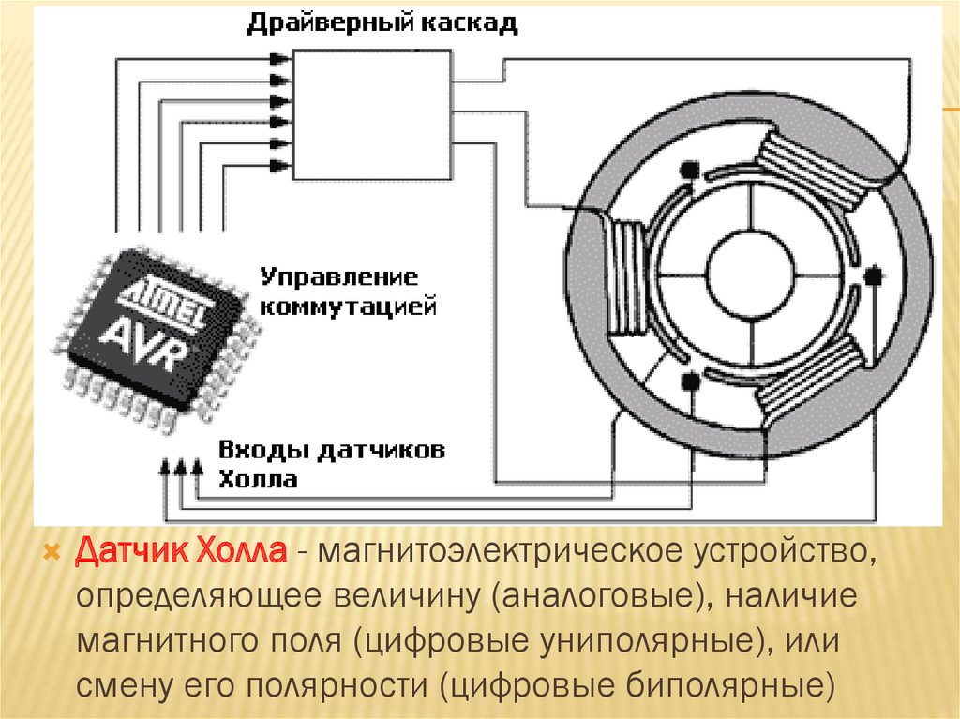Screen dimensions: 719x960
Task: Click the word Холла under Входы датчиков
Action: coord(259,480)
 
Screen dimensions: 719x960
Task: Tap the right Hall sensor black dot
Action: coord(874,276)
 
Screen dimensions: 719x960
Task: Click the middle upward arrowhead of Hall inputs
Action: coord(181,465)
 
